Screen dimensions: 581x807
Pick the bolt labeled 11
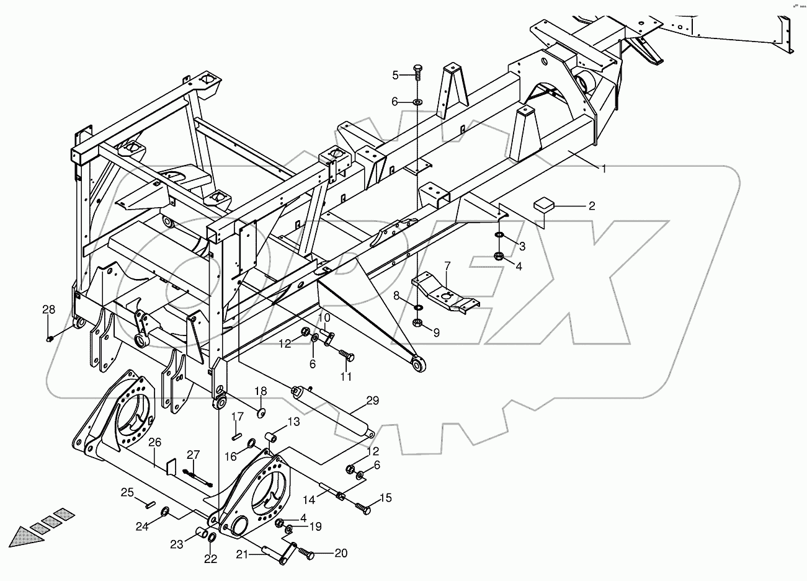point(346,356)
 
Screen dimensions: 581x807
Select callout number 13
point(293,422)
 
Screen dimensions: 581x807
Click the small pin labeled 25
point(149,503)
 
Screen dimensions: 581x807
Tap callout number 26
point(154,443)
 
